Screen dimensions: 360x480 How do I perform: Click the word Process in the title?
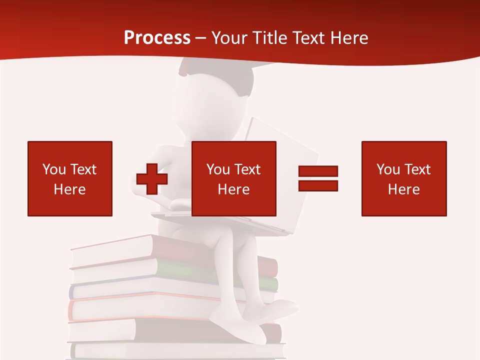point(157,38)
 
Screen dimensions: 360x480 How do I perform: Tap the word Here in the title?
point(348,38)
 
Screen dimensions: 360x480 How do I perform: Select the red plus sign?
point(151,179)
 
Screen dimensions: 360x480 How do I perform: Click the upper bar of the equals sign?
point(318,171)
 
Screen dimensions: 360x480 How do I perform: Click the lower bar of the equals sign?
point(318,185)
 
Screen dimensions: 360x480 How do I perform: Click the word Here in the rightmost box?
point(404,189)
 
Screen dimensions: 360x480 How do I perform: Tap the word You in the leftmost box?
point(53,169)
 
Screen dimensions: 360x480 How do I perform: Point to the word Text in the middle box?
point(247,169)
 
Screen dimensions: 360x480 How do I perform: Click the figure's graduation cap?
point(220,70)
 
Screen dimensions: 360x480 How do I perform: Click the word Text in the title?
point(310,38)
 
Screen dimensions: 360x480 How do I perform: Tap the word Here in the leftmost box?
point(70,189)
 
